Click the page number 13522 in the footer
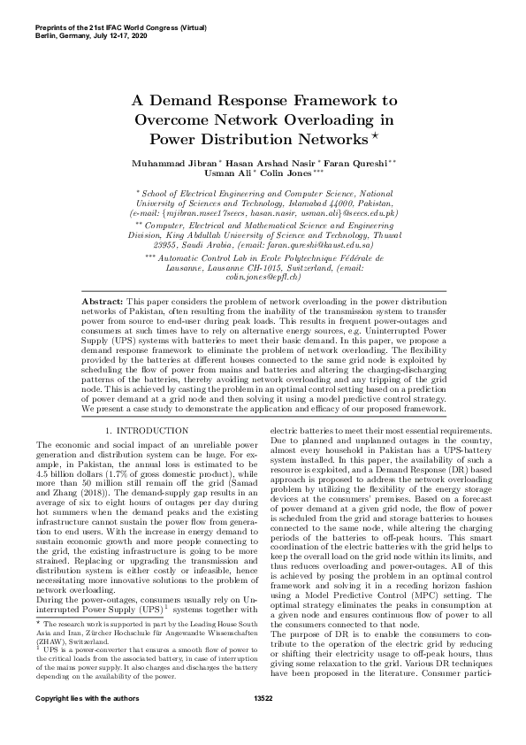263,723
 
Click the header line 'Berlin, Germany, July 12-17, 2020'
90,33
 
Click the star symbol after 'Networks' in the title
375,135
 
